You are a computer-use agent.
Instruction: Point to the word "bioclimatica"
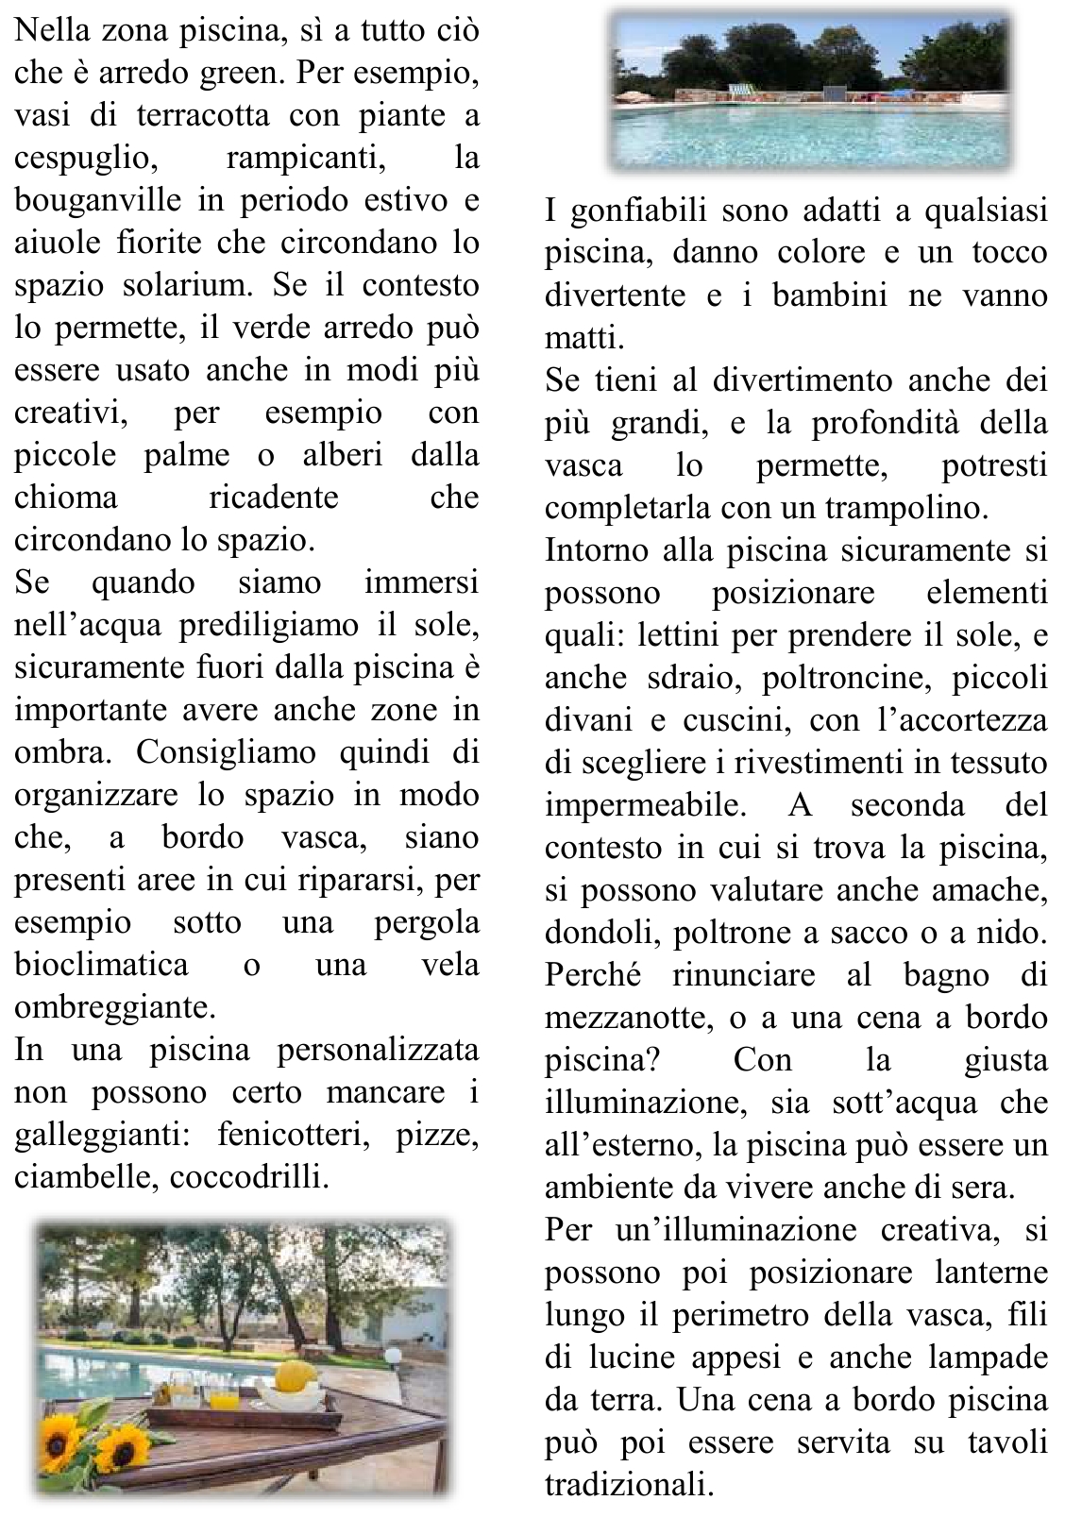click(101, 966)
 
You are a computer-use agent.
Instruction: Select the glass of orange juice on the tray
click(224, 1392)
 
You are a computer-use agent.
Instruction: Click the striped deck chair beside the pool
click(747, 91)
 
